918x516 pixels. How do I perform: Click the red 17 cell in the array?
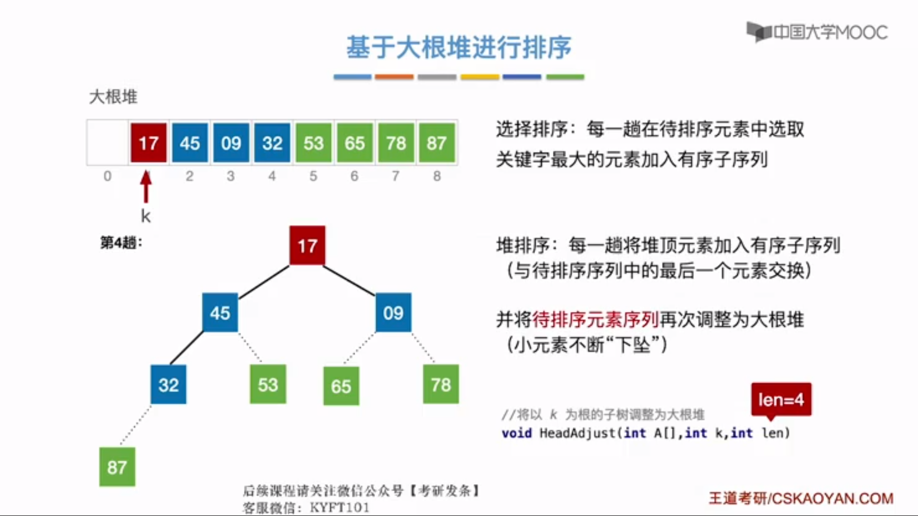tap(149, 143)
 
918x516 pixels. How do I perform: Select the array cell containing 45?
tap(190, 143)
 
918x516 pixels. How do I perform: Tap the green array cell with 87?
tap(437, 143)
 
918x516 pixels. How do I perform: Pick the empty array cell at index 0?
tap(108, 143)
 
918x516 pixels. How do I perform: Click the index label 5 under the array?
tap(313, 176)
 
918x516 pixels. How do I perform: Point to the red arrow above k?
tap(146, 187)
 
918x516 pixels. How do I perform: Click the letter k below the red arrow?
tap(146, 216)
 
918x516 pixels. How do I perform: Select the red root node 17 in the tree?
tap(307, 246)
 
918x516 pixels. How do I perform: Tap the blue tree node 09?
tap(393, 313)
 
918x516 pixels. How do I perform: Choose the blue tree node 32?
tap(168, 385)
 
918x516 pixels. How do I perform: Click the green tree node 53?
tap(268, 384)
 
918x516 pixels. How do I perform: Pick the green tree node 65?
tap(341, 386)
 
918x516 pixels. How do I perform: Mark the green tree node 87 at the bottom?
tap(117, 467)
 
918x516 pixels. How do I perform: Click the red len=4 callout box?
tap(781, 399)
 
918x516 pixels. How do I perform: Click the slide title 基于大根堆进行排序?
tap(459, 47)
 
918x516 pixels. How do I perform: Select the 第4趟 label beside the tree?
tap(121, 243)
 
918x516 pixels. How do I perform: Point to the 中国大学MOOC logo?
tap(817, 32)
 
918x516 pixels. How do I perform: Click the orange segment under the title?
tap(394, 77)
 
